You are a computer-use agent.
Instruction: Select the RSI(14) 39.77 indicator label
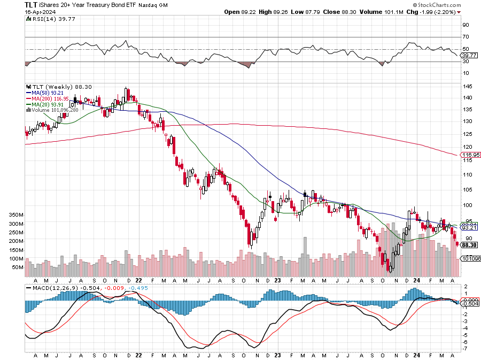click(x=45, y=19)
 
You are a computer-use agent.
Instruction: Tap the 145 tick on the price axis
click(x=467, y=87)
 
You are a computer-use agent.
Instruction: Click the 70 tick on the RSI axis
click(x=466, y=37)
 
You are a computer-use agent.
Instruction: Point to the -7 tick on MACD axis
click(x=465, y=349)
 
